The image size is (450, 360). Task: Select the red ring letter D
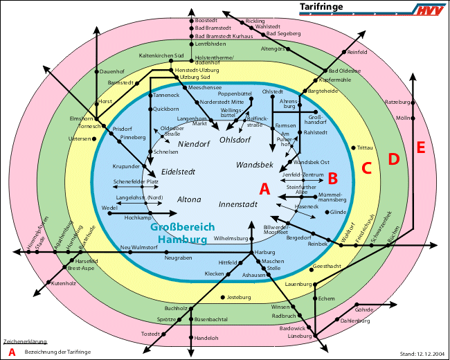click(393, 159)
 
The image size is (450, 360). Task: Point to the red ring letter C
click(367, 168)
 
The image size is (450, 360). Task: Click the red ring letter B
click(332, 179)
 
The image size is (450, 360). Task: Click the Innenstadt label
click(237, 205)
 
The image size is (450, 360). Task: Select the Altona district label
click(189, 199)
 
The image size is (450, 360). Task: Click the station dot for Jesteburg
click(222, 298)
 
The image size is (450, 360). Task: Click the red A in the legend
click(12, 352)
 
